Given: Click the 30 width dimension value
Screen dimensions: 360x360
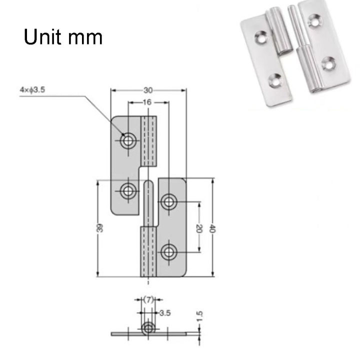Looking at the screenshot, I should (x=148, y=90).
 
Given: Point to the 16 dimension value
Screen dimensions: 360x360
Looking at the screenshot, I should (x=147, y=102).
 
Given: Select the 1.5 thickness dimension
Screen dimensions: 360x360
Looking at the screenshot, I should (x=200, y=316).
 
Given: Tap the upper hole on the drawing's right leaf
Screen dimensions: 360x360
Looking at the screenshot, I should (x=169, y=201).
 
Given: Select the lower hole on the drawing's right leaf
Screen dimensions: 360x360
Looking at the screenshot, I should (x=169, y=250).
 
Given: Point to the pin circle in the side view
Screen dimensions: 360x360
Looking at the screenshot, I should (x=148, y=328).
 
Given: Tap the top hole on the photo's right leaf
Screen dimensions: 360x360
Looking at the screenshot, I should (x=315, y=20).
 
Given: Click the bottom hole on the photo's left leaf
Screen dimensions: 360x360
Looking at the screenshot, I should (x=275, y=78).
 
